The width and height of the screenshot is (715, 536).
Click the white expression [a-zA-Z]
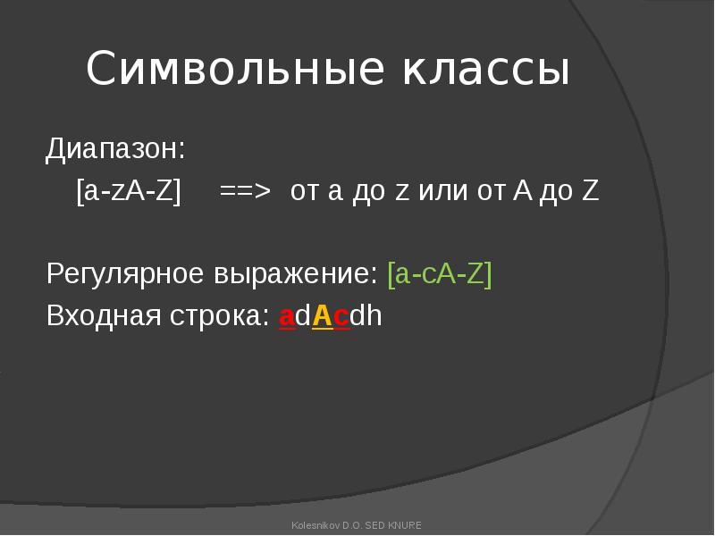(x=129, y=191)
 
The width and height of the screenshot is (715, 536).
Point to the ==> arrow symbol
(x=245, y=191)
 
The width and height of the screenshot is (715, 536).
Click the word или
(x=442, y=191)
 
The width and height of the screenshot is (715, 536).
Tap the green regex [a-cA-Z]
(x=440, y=274)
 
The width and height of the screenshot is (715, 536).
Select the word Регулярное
(x=124, y=275)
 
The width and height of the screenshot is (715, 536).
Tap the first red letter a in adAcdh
(x=287, y=317)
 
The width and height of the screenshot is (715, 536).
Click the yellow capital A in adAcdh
(x=323, y=316)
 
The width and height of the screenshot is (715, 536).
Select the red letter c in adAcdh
(x=341, y=317)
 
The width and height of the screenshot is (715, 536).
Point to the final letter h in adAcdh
(x=374, y=315)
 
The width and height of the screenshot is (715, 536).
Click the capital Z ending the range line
(x=591, y=191)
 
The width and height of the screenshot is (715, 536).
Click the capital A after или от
(x=523, y=191)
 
